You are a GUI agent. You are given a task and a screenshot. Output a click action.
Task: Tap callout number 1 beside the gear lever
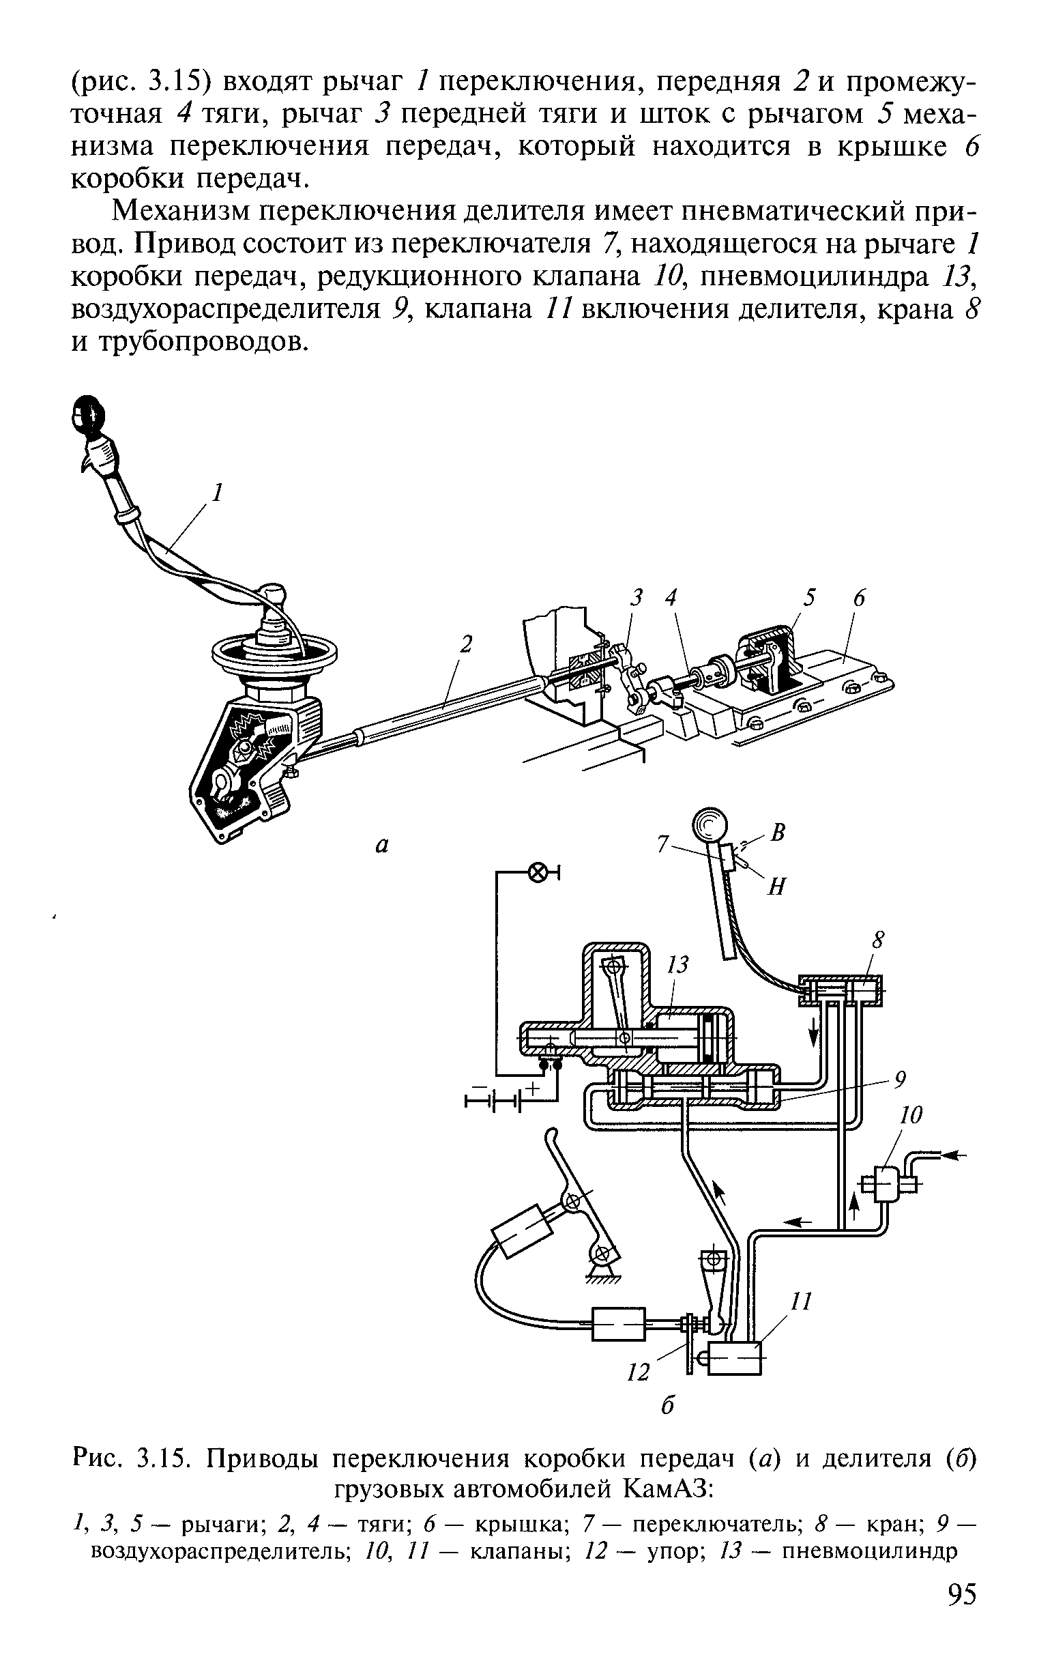(218, 493)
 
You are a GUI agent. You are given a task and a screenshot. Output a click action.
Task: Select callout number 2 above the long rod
(467, 646)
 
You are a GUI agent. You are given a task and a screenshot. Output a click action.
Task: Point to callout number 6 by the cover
(859, 598)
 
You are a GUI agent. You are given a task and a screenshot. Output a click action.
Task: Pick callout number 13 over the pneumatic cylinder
(677, 964)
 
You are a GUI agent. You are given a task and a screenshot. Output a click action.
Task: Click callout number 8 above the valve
(879, 941)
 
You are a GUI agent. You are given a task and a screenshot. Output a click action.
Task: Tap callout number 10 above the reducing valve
(911, 1116)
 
